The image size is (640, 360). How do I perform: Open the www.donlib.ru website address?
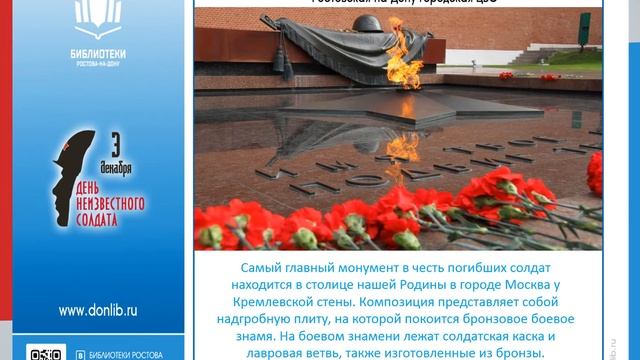(x=97, y=310)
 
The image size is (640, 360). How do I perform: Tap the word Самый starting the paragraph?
(x=265, y=269)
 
